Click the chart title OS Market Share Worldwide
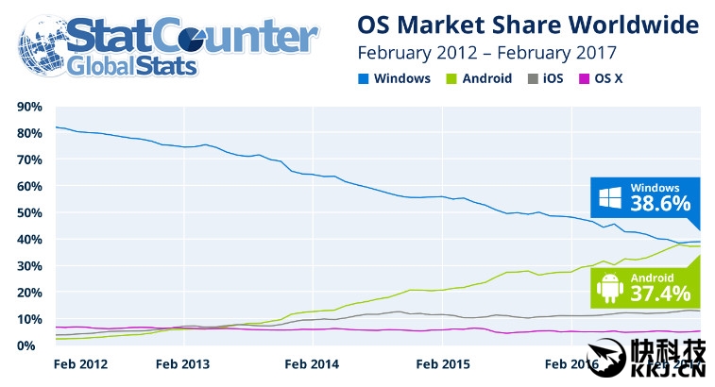(528, 23)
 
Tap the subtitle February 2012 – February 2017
(486, 51)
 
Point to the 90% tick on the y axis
(29, 107)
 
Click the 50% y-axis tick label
(29, 213)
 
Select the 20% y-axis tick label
(29, 293)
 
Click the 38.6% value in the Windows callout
(661, 204)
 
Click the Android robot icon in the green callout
(609, 285)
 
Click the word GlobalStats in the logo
(132, 66)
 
